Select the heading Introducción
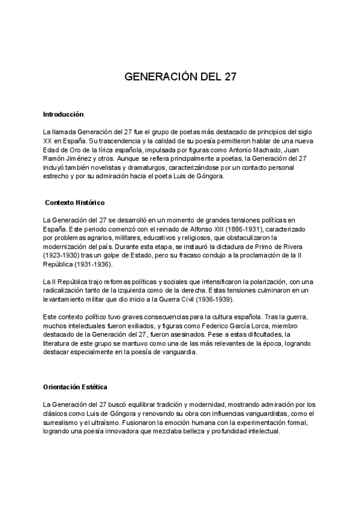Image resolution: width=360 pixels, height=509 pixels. (x=63, y=114)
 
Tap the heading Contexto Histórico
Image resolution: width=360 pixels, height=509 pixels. (x=75, y=203)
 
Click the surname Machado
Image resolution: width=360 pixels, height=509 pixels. (x=270, y=149)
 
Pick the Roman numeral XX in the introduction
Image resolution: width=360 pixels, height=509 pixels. (x=47, y=140)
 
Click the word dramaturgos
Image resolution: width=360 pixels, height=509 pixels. (x=139, y=167)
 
